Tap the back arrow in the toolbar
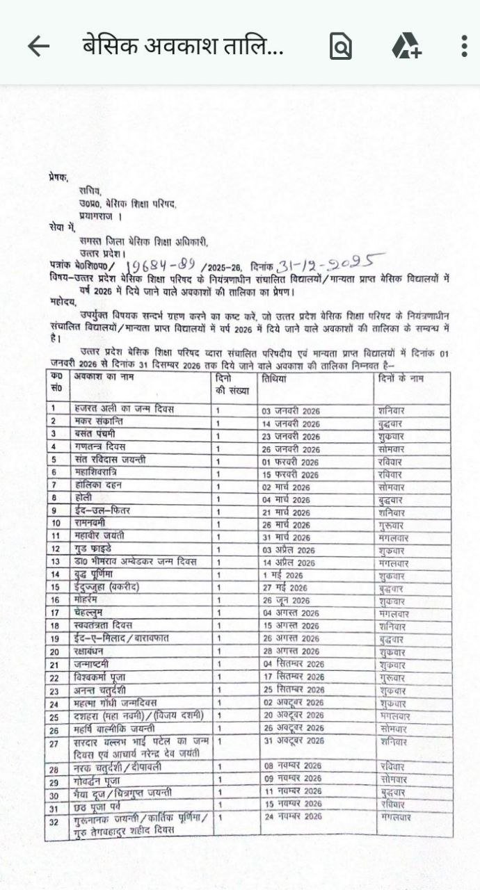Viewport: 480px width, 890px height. (x=38, y=46)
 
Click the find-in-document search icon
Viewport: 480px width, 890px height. (x=340, y=47)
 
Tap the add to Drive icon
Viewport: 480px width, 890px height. (x=406, y=47)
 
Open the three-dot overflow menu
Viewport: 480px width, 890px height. (x=464, y=46)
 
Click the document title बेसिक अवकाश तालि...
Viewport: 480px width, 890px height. (x=182, y=46)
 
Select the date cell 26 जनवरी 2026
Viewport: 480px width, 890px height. (x=291, y=448)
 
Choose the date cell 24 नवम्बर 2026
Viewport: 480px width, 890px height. (x=292, y=816)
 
